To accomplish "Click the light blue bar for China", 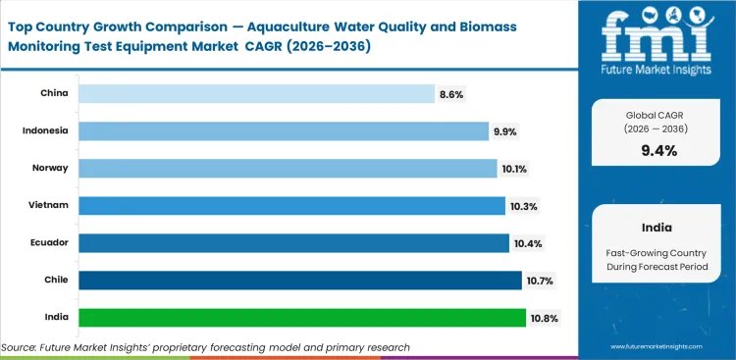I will (255, 93).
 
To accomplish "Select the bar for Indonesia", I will (283, 130).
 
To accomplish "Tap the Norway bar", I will (288, 169).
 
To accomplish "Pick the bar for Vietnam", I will (291, 206).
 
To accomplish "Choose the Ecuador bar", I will (293, 243).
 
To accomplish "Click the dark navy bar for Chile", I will (299, 281).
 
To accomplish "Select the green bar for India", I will (301, 318).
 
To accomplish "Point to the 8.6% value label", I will (451, 93).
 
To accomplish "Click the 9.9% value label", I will (505, 130).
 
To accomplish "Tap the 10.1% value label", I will (515, 169).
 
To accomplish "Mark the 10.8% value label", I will (544, 318).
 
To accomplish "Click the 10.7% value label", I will (540, 281).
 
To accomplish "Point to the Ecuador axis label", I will (49, 243).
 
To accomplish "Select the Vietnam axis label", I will (49, 206).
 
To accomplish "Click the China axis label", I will (55, 93).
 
